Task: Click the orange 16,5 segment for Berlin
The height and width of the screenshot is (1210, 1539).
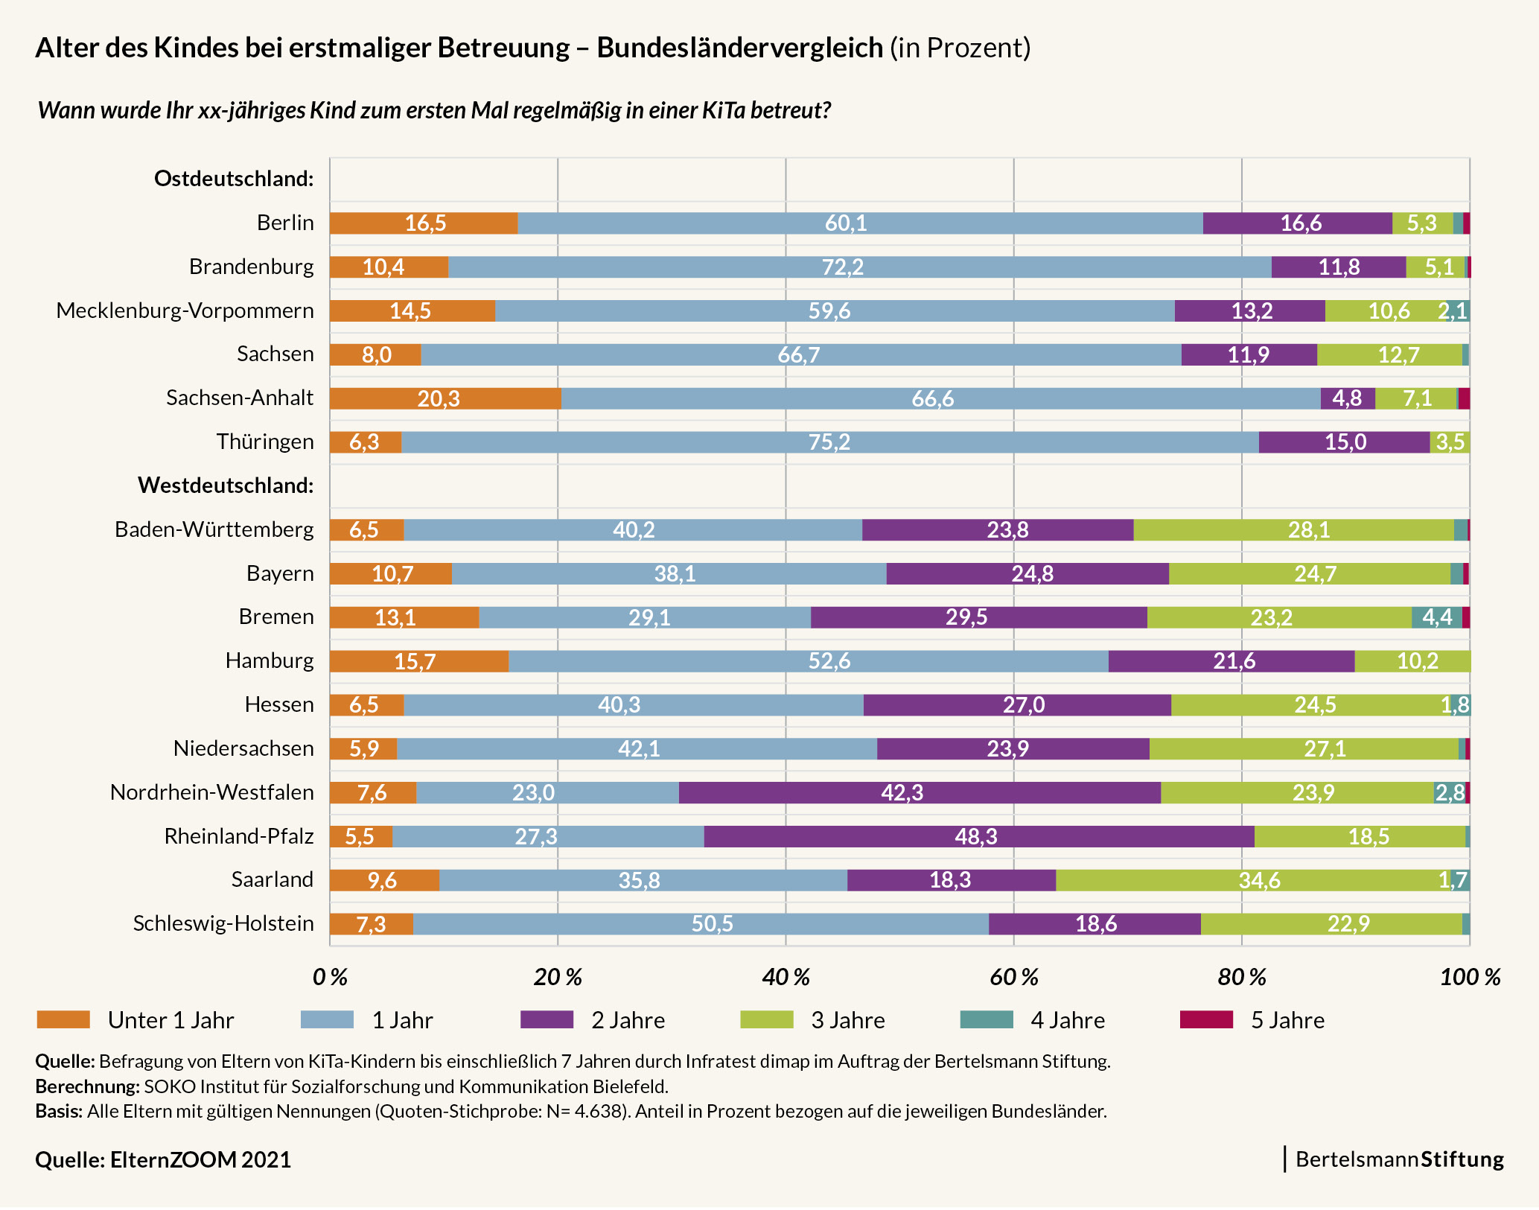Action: (x=424, y=223)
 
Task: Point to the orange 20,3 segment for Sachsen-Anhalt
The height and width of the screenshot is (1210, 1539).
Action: (x=445, y=399)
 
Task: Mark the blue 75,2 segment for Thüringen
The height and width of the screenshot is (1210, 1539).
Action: (x=829, y=442)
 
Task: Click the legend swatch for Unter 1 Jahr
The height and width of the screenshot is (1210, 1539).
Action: (x=63, y=1020)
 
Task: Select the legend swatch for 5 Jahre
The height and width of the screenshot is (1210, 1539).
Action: (x=1206, y=1020)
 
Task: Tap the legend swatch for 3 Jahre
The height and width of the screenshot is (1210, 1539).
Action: (x=766, y=1020)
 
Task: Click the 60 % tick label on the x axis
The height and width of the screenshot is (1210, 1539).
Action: (x=1013, y=978)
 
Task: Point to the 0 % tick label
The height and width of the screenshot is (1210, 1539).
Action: (x=330, y=978)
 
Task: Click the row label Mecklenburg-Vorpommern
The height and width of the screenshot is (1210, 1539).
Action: (x=185, y=311)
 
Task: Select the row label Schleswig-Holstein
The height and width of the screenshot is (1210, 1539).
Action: (x=223, y=923)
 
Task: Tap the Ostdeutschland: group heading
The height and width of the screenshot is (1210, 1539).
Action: (x=234, y=179)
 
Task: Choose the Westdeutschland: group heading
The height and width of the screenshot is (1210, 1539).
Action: (x=226, y=485)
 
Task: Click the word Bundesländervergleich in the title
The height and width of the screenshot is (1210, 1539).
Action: (x=739, y=48)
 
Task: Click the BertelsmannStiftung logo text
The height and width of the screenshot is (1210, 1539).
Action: (x=1399, y=1159)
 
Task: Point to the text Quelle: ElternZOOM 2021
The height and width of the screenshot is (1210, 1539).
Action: (x=163, y=1160)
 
